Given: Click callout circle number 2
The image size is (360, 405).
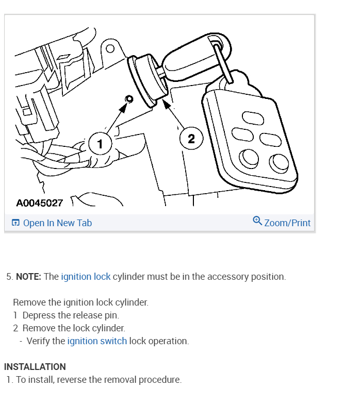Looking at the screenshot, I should pyautogui.click(x=191, y=139).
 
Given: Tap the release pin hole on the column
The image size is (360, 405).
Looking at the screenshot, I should pyautogui.click(x=129, y=99).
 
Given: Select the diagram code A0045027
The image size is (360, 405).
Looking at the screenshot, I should pyautogui.click(x=40, y=202).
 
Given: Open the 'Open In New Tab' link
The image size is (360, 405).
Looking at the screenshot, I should pyautogui.click(x=57, y=223).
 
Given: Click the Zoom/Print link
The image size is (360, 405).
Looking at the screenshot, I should pyautogui.click(x=287, y=223).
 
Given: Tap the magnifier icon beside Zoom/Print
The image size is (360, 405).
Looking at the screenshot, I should pyautogui.click(x=257, y=221).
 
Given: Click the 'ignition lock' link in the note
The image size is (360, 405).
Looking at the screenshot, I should pyautogui.click(x=86, y=277).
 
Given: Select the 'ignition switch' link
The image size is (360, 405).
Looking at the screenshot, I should pyautogui.click(x=97, y=341).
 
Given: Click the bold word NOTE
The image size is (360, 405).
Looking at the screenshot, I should pyautogui.click(x=29, y=277).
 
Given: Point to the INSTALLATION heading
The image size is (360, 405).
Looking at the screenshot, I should pyautogui.click(x=35, y=367).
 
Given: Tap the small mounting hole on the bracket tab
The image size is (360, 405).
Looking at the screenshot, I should pyautogui.click(x=110, y=49).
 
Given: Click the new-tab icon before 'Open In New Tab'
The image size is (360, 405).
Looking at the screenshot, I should pyautogui.click(x=15, y=223).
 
